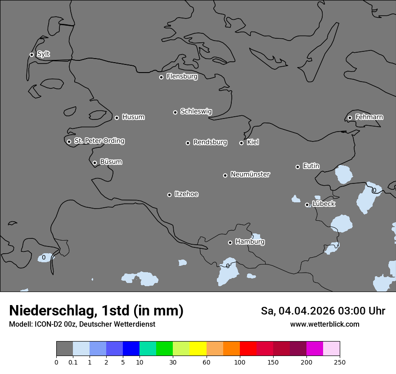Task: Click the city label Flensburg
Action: pyautogui.click(x=182, y=77)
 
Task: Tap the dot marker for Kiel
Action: pyautogui.click(x=241, y=143)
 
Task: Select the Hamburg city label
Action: pyautogui.click(x=250, y=242)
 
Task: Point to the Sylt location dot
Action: pyautogui.click(x=31, y=55)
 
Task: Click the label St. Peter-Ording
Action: pyautogui.click(x=99, y=141)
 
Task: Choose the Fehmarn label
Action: pyautogui.click(x=369, y=117)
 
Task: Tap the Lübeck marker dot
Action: pyautogui.click(x=307, y=205)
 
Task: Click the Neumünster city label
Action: pyautogui.click(x=250, y=174)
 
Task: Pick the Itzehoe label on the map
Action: pyautogui.click(x=186, y=194)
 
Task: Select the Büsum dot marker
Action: pyautogui.click(x=94, y=163)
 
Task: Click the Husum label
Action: pyautogui.click(x=133, y=117)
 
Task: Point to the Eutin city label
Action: pyautogui.click(x=311, y=166)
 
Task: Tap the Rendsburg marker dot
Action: pyautogui.click(x=188, y=143)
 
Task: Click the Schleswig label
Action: pyautogui.click(x=196, y=111)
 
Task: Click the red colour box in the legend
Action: pyautogui.click(x=248, y=349)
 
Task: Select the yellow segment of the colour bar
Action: pyautogui.click(x=198, y=349)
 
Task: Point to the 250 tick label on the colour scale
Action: pyautogui.click(x=340, y=362)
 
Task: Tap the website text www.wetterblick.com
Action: pyautogui.click(x=324, y=324)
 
